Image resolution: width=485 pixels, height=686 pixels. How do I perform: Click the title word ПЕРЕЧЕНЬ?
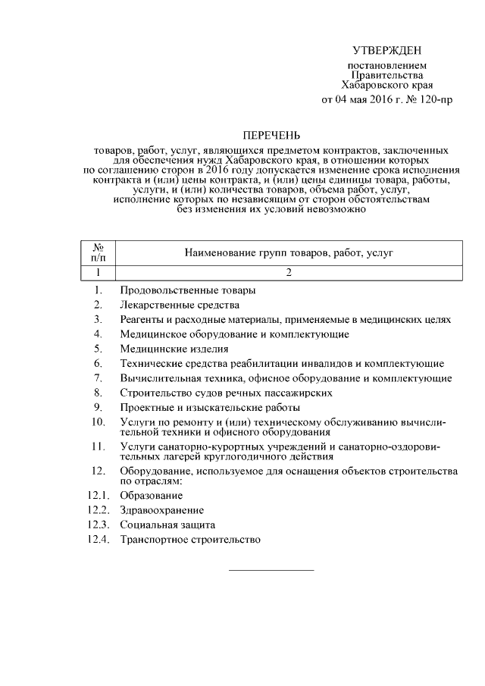click(x=271, y=136)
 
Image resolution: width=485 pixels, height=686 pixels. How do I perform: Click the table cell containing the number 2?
click(x=289, y=273)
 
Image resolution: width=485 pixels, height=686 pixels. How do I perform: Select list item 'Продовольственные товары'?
click(x=187, y=290)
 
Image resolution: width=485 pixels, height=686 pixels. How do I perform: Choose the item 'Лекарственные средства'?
click(x=180, y=305)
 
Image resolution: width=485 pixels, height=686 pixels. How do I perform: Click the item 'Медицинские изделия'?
click(x=174, y=349)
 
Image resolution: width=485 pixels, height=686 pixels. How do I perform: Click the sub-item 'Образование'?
click(x=151, y=496)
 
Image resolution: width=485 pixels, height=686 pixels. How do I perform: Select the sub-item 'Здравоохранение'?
click(x=161, y=510)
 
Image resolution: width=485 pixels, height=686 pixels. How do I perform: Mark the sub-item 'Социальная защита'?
click(x=167, y=525)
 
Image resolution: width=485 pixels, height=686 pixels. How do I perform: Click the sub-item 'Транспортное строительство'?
click(x=190, y=540)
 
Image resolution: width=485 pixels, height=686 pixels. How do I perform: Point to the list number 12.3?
click(x=99, y=525)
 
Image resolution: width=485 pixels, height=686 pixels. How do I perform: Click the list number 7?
click(x=99, y=378)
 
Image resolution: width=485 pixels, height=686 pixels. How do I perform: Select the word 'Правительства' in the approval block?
click(x=387, y=76)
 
